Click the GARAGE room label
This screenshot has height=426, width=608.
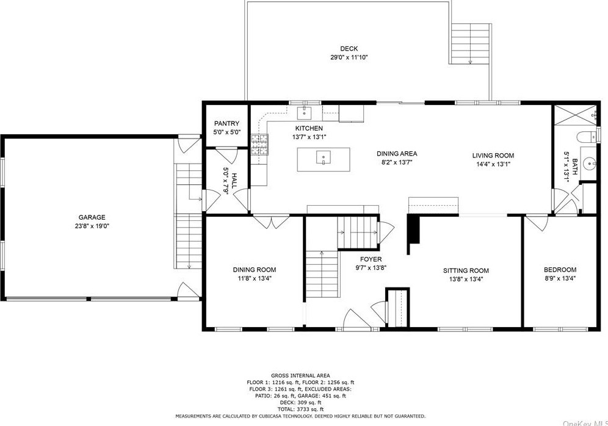[92, 217]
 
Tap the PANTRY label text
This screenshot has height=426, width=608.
[227, 124]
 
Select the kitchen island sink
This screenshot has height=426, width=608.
[323, 157]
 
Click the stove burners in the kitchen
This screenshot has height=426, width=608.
[259, 145]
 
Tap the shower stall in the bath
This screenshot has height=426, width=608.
[575, 115]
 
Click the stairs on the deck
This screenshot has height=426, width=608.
[471, 43]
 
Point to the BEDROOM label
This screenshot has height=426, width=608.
[560, 270]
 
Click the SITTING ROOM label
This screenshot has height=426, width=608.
[466, 270]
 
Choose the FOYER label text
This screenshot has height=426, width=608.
[371, 259]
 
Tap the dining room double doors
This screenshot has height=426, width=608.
[271, 222]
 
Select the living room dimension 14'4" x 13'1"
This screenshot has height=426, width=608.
[493, 164]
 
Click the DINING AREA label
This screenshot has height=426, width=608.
[397, 154]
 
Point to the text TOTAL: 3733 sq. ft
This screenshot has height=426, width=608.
[300, 409]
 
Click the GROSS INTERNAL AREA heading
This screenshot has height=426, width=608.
[300, 375]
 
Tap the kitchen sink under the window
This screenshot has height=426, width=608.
[305, 113]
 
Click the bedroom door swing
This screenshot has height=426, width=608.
[537, 223]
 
